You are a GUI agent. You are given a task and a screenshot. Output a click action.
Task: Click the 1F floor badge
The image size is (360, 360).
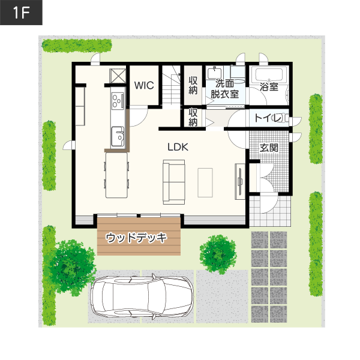point(21,13)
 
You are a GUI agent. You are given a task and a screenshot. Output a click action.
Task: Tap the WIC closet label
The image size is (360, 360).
point(144,85)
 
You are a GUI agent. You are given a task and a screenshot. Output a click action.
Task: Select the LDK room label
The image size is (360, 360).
point(178,147)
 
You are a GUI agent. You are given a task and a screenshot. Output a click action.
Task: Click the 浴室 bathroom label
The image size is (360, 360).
point(269,87)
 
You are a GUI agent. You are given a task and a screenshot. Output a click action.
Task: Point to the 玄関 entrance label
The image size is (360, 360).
point(269,148)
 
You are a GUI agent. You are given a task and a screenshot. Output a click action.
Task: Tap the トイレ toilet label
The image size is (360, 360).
point(268,118)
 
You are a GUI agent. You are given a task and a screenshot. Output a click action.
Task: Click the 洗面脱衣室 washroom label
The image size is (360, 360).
point(225,89)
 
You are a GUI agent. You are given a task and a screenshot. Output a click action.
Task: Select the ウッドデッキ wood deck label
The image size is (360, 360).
point(136,238)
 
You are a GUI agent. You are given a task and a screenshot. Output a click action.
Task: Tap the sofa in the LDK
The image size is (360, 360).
point(174,182)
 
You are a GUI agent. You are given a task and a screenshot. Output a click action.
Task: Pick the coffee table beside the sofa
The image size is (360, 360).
point(205,182)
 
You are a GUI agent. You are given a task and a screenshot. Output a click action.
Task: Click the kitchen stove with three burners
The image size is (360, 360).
point(118,100)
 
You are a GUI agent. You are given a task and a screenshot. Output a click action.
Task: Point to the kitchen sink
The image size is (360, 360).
point(118,137)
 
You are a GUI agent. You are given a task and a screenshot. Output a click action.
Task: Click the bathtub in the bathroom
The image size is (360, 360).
point(269,75)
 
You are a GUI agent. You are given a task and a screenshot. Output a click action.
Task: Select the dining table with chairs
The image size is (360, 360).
point(116,175)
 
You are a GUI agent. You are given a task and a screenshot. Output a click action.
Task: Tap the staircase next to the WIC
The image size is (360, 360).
point(171,86)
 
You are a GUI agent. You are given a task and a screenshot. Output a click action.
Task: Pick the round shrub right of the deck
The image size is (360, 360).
point(218,254)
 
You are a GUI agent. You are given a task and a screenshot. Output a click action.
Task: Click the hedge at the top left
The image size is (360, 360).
point(77,45)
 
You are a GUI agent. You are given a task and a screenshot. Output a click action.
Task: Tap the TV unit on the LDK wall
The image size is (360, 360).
point(240,181)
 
